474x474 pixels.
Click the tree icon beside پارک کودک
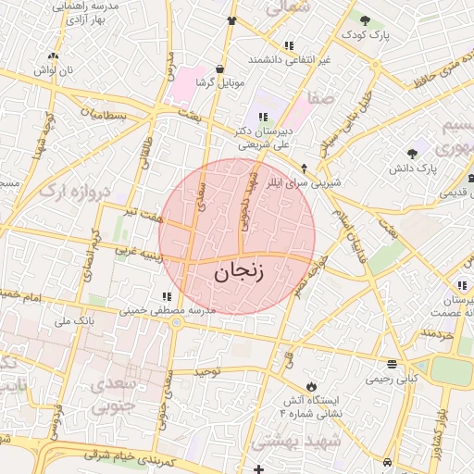[x=366, y=19]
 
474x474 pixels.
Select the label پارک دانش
[x=413, y=168]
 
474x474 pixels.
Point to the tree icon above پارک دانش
[x=413, y=153]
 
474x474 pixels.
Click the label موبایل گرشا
[x=220, y=82]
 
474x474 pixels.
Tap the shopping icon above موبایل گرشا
[x=219, y=68]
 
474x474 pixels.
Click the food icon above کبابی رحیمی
[x=393, y=363]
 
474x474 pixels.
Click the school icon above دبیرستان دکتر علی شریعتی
[x=263, y=117]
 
